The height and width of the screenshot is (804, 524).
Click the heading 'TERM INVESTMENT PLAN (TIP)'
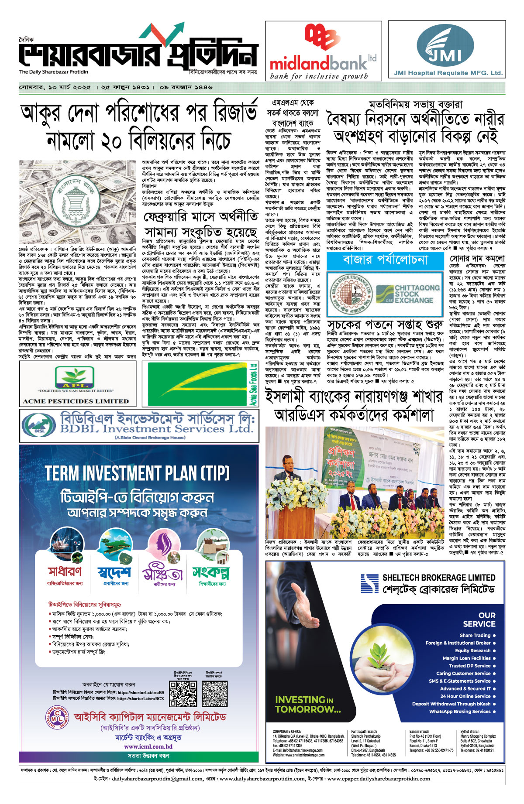pos(137,473)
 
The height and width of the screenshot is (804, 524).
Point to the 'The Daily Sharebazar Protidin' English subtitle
pos(53,72)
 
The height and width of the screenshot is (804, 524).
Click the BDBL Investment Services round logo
pos(39,425)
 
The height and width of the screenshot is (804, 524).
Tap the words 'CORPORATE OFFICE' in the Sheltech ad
pos(286,732)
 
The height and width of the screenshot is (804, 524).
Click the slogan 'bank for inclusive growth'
pos(319,76)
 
